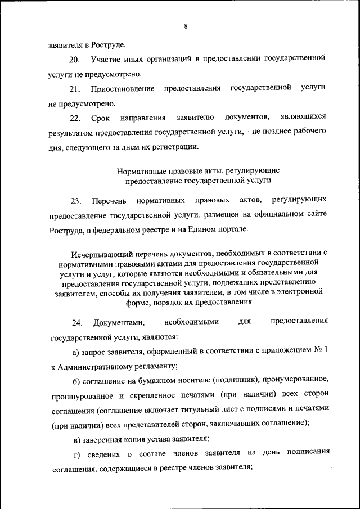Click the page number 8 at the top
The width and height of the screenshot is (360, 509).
185,26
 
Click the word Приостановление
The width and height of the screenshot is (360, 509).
122,88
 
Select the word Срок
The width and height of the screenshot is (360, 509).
101,118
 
